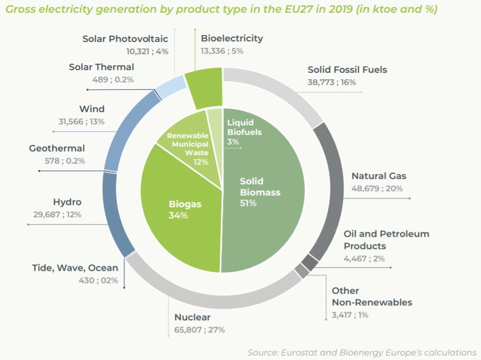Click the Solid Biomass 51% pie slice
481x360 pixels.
[x=265, y=212]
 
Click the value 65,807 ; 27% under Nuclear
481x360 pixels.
[x=200, y=330]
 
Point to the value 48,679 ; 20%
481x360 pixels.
[x=377, y=188]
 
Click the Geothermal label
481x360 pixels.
[x=57, y=149]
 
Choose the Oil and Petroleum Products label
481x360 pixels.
[x=386, y=240]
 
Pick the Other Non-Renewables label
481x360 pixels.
[x=372, y=296]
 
